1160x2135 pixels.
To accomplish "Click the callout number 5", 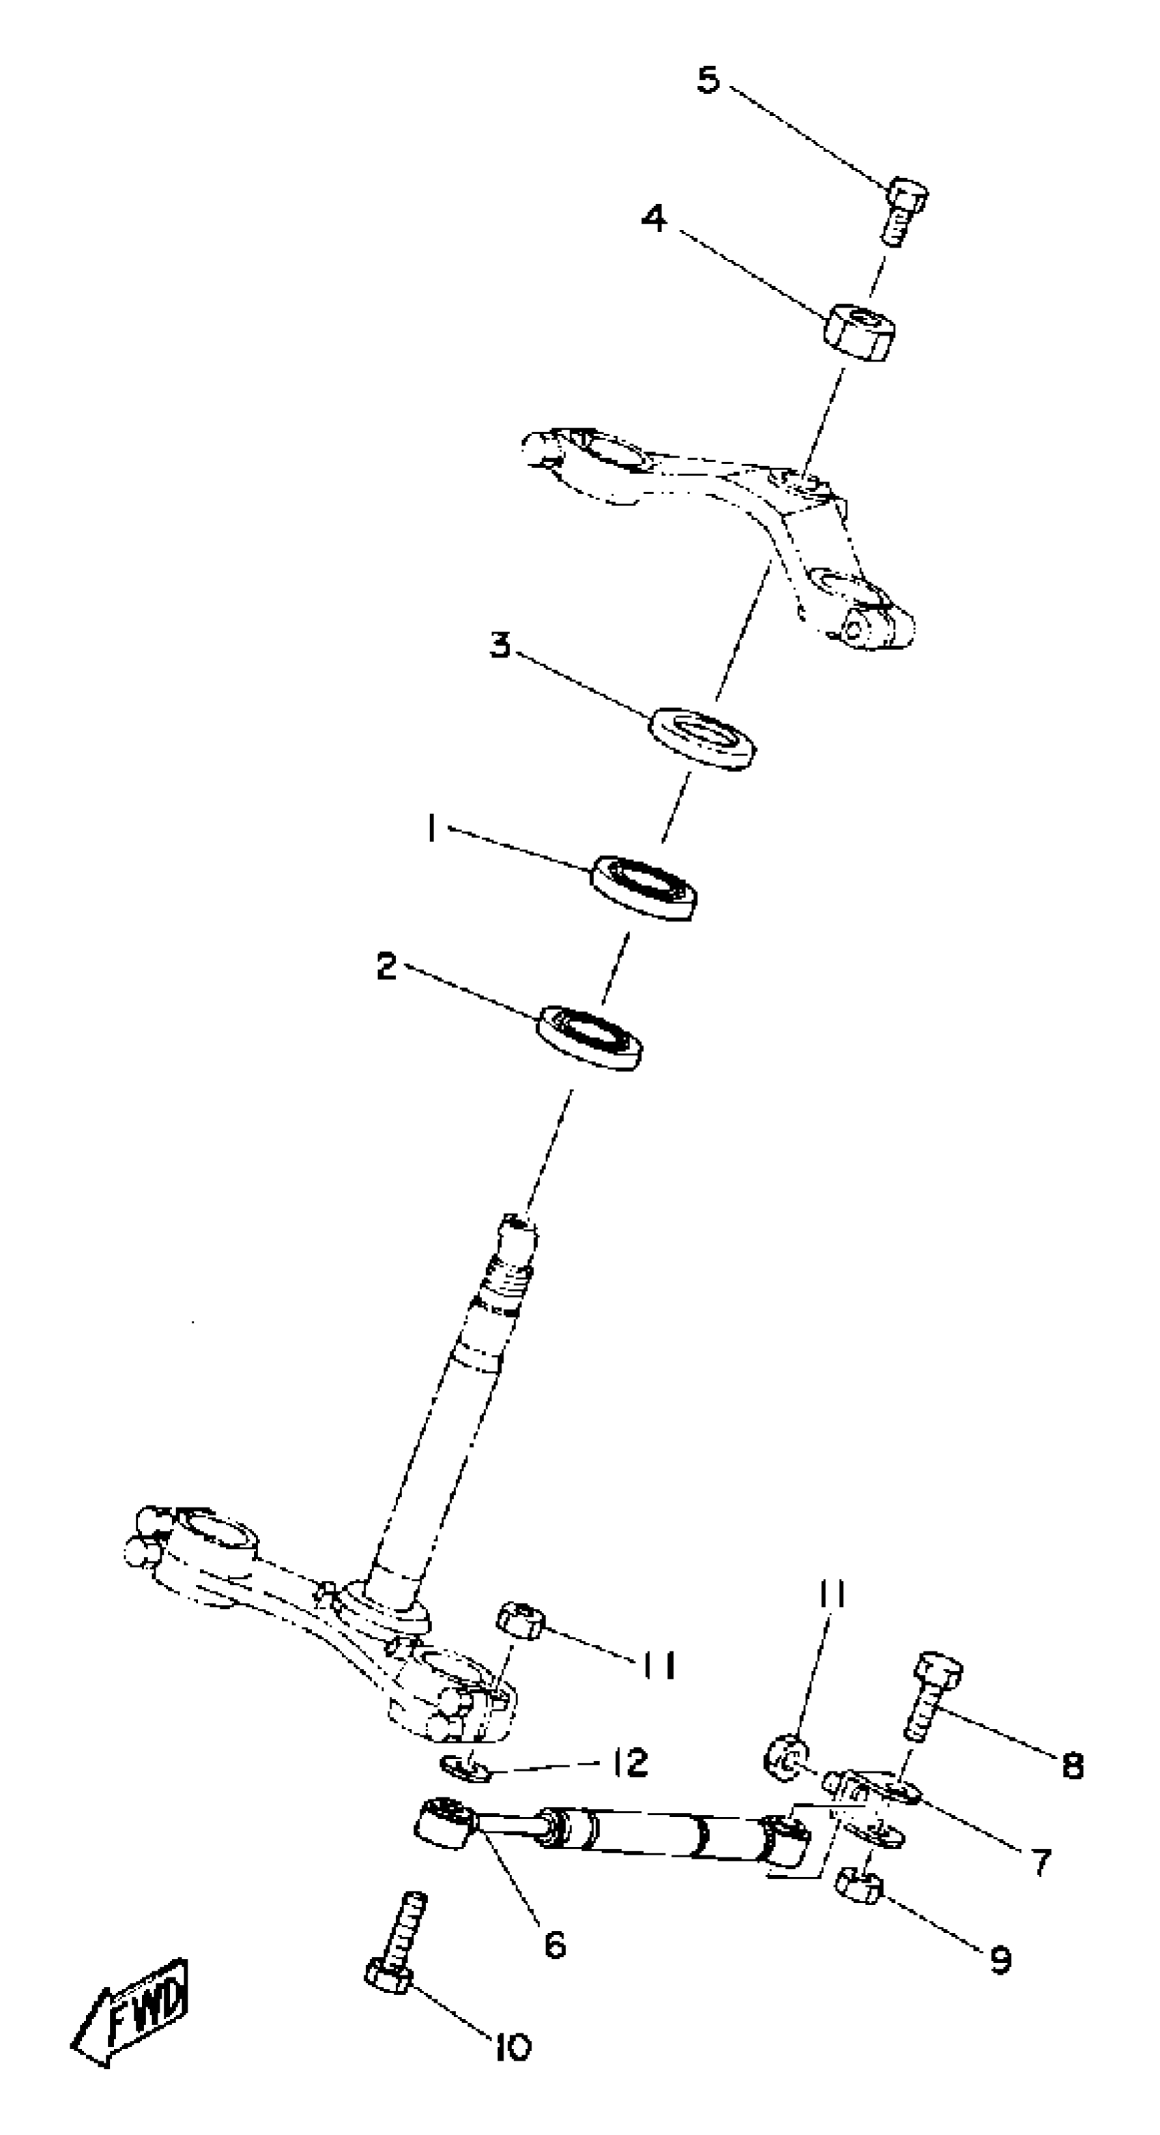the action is [x=708, y=81].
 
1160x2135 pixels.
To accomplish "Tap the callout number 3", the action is [x=499, y=645].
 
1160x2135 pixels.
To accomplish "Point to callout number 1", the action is [x=431, y=827].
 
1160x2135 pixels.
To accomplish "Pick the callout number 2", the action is [x=386, y=967].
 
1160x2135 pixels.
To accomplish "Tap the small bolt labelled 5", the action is [x=902, y=209].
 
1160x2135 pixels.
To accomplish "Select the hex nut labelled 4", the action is [x=859, y=331].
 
